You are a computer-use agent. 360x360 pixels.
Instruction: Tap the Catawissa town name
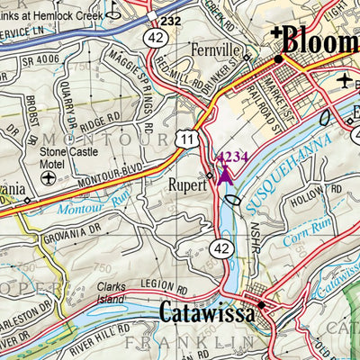point(206,311)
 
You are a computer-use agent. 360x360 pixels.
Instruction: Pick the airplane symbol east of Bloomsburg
point(346,80)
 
